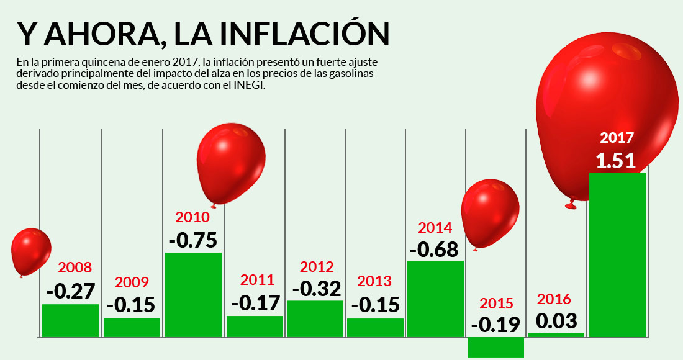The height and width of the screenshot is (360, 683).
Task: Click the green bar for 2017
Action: tap(617, 254)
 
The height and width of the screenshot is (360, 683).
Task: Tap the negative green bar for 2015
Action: tap(495, 347)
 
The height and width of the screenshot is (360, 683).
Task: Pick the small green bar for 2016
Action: tap(556, 335)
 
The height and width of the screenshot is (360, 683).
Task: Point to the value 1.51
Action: tap(616, 161)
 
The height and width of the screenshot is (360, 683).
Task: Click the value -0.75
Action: tap(192, 240)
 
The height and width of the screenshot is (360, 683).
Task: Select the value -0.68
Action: tap(434, 249)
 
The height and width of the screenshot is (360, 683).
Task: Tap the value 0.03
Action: tap(556, 321)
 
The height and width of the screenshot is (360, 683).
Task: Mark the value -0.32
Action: tap(317, 289)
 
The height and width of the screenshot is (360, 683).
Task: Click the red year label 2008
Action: tap(75, 268)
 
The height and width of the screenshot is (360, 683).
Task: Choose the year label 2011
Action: tap(256, 279)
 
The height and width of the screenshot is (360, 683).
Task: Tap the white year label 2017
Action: tap(617, 138)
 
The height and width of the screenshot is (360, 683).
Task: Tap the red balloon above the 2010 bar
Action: tap(231, 163)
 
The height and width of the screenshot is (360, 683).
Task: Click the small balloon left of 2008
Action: tap(30, 251)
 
